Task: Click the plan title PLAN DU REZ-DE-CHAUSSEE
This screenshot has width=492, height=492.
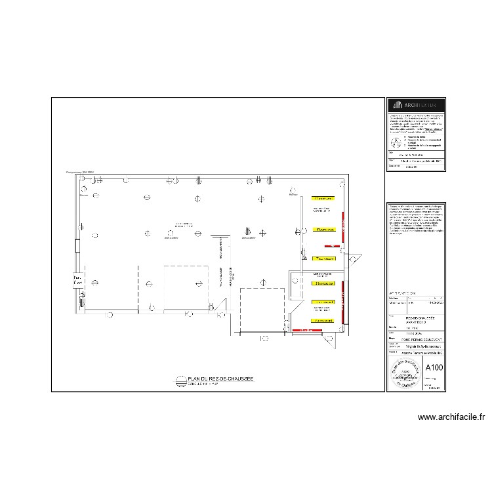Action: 220,379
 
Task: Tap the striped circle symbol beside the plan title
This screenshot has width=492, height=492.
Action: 181,380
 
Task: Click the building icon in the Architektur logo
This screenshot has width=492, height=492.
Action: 396,106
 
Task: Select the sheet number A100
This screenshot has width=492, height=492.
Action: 434,368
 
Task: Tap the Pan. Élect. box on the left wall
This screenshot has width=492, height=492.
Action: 77,280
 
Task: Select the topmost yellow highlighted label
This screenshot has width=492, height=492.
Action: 323,198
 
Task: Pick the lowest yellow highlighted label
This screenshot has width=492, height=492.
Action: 323,320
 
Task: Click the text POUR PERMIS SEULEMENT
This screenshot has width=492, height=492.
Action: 415,338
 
